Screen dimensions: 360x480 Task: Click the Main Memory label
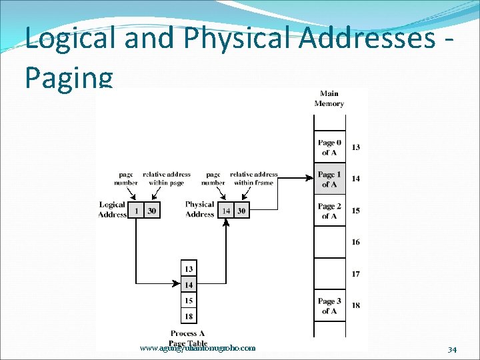click(329, 99)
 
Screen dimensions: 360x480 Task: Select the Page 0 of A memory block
click(329, 147)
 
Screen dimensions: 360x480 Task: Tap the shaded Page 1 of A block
click(329, 179)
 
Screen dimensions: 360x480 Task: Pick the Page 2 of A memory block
click(329, 211)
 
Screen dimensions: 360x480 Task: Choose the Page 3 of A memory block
click(329, 306)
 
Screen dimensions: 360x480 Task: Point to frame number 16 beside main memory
click(356, 242)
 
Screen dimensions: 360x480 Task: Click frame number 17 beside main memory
click(356, 274)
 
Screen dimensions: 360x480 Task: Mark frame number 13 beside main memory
click(356, 147)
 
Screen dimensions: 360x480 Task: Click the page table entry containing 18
click(189, 316)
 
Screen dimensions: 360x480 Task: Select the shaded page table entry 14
click(189, 285)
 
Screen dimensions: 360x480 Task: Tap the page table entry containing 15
click(189, 301)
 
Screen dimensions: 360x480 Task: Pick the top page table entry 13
click(189, 269)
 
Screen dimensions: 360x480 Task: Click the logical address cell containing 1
click(136, 211)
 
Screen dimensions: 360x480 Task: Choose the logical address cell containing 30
click(152, 211)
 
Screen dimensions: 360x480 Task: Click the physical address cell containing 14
click(226, 211)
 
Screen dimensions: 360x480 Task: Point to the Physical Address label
click(200, 209)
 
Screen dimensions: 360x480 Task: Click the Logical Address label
click(112, 209)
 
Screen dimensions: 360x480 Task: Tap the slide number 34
click(452, 349)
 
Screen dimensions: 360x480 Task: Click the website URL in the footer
click(198, 348)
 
